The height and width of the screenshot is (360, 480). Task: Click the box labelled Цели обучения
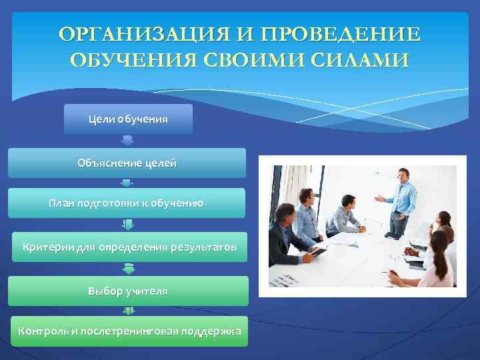[128, 119]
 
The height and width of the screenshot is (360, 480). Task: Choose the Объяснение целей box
[127, 163]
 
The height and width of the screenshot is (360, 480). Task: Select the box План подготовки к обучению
[127, 203]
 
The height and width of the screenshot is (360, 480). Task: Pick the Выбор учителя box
[128, 291]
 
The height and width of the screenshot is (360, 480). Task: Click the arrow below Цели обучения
[128, 141]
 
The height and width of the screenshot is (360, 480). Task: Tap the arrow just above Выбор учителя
[129, 269]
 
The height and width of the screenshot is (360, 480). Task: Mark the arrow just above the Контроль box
[129, 311]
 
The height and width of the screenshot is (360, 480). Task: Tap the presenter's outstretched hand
[377, 198]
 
